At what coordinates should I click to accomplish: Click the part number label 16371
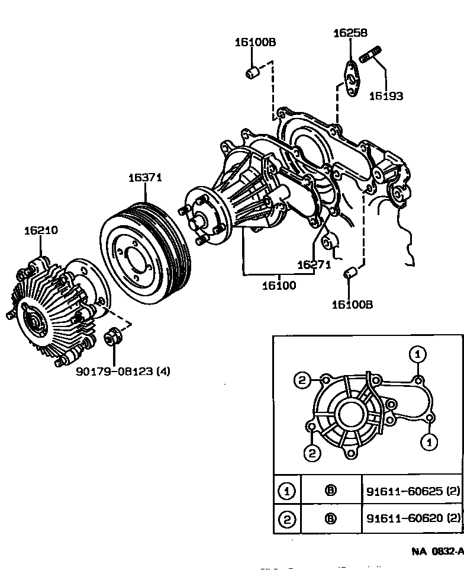coord(145,177)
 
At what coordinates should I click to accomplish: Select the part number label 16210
coord(41,230)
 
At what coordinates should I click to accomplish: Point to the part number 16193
coord(386,95)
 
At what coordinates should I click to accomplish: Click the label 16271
coord(314,265)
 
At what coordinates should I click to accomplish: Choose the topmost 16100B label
coord(255,42)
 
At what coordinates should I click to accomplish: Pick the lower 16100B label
coord(352,305)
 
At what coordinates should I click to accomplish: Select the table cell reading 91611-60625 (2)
coord(412,491)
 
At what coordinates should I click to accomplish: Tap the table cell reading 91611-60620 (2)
coord(412,520)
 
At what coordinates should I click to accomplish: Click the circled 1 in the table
coord(287,491)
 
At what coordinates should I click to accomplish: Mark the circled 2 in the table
coord(287,520)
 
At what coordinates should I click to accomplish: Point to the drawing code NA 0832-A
coord(437,551)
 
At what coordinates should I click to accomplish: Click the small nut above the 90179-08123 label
coord(111,338)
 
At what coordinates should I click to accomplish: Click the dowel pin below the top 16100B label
coord(253,73)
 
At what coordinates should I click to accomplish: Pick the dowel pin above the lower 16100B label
coord(350,274)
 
